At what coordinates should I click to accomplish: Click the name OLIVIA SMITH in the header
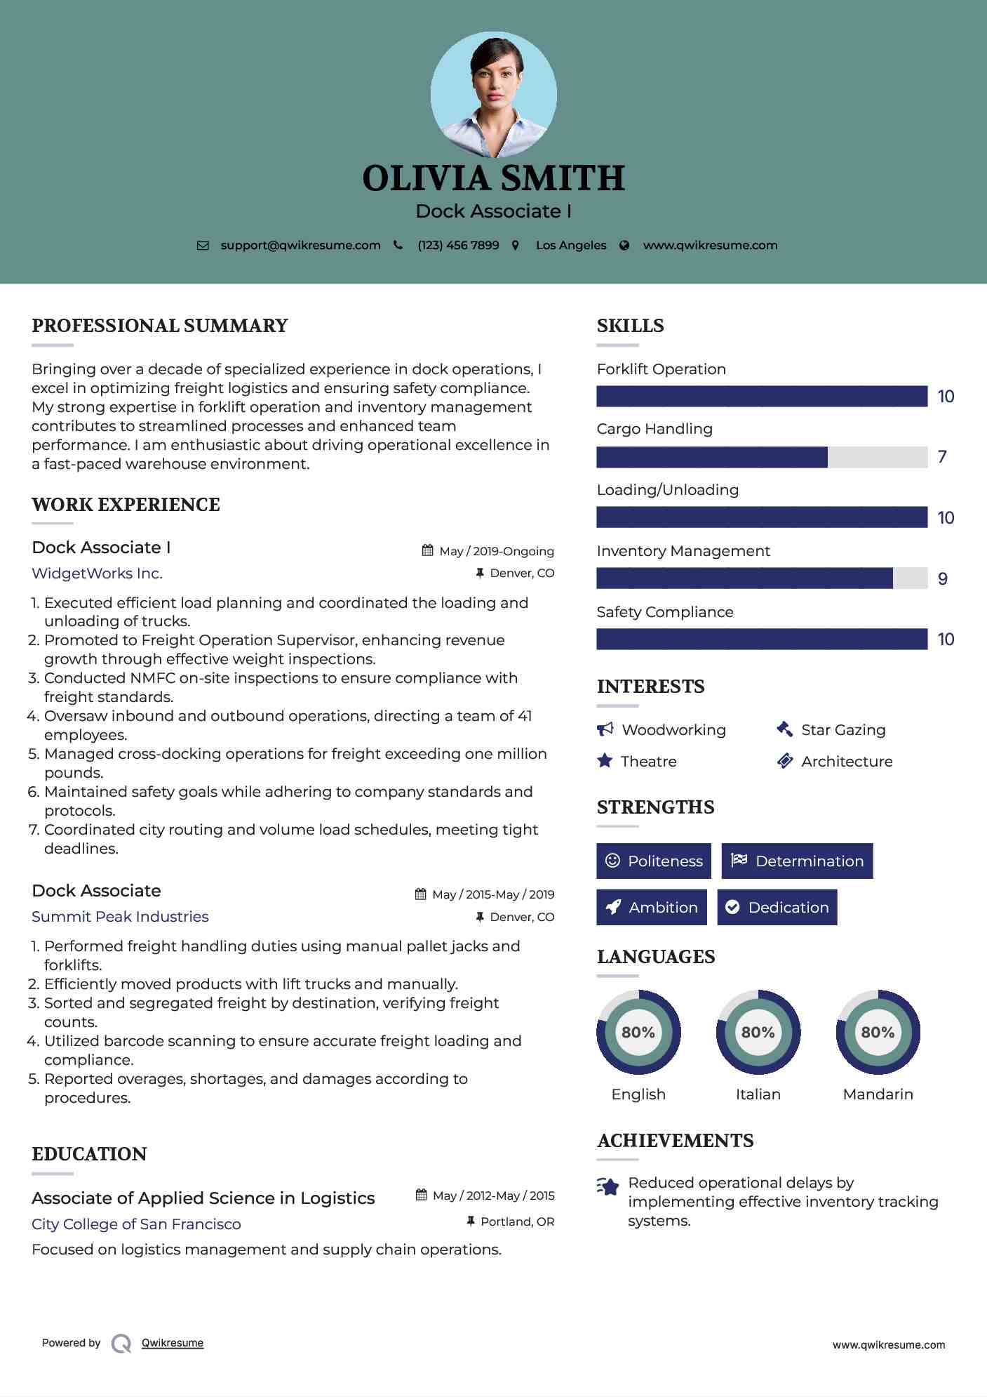click(x=493, y=178)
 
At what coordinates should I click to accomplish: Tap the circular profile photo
click(x=493, y=94)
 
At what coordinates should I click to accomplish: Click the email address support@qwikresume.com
click(x=300, y=246)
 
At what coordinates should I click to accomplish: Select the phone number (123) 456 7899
click(x=458, y=246)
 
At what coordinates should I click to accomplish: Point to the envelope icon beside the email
click(x=203, y=246)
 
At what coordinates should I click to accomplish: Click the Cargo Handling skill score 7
click(x=942, y=457)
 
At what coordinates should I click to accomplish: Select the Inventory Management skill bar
click(x=761, y=578)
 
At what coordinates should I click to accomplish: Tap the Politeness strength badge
click(x=653, y=861)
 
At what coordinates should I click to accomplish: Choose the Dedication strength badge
click(x=777, y=907)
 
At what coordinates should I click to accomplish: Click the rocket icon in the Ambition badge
click(x=613, y=907)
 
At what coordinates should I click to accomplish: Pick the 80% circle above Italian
click(x=758, y=1032)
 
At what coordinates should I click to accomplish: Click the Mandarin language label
click(x=878, y=1094)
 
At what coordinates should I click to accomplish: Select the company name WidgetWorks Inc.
click(x=97, y=574)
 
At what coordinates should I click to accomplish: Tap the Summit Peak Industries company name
click(x=120, y=917)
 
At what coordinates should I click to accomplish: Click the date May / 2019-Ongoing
click(x=496, y=551)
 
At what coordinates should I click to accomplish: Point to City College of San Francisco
click(x=136, y=1224)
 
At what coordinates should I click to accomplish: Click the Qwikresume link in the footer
click(x=173, y=1343)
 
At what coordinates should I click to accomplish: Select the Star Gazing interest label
click(x=843, y=730)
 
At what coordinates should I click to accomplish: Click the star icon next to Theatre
click(x=605, y=761)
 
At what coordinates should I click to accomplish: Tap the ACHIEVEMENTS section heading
click(x=675, y=1141)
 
